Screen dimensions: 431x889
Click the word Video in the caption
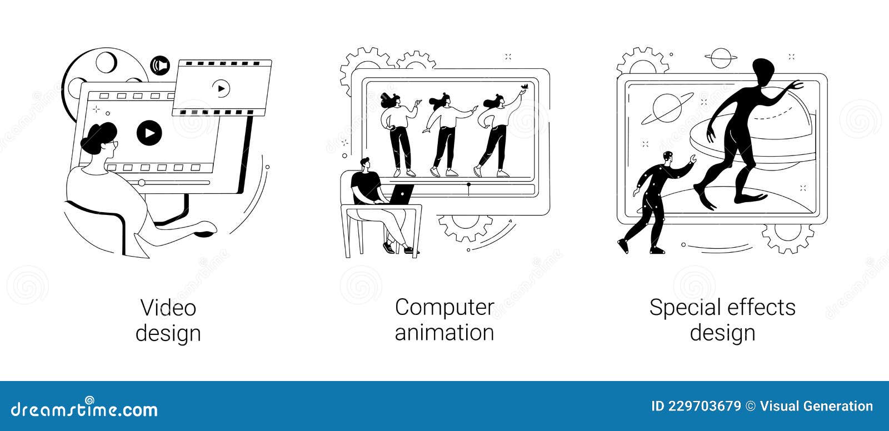point(168,308)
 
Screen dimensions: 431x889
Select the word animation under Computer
point(444,333)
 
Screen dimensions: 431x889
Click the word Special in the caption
point(684,308)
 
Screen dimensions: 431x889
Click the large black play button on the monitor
point(149,133)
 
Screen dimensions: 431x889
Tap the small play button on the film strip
point(221,88)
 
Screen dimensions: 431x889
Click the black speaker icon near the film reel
point(160,66)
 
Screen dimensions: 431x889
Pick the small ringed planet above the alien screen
point(721,57)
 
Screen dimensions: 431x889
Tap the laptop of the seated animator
point(400,194)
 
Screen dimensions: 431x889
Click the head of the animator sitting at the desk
point(364,164)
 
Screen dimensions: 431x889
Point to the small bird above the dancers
point(523,86)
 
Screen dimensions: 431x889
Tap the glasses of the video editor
point(114,144)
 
